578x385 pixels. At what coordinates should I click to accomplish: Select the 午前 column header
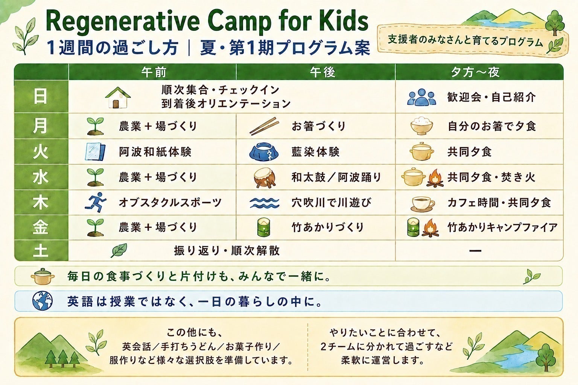[x=154, y=72]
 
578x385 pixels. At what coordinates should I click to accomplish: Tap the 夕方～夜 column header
[x=475, y=72]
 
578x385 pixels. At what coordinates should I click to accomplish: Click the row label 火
[x=41, y=152]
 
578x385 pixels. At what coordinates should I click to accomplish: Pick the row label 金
[x=41, y=227]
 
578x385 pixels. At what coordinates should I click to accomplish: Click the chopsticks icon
[x=264, y=126]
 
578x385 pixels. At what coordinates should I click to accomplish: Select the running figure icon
[x=96, y=202]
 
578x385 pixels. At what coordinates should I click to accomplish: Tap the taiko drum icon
[x=265, y=177]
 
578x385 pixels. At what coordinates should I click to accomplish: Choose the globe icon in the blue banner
[x=43, y=301]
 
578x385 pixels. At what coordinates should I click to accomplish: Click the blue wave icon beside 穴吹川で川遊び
[x=265, y=203]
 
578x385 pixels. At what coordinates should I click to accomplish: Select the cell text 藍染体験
[x=315, y=152]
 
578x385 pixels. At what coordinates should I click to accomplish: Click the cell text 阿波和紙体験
[x=155, y=152]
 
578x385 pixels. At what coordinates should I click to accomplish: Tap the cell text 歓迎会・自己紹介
[x=491, y=97]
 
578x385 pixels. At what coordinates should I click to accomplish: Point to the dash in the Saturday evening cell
[x=475, y=250]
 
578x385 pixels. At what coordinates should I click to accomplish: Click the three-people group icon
[x=421, y=97]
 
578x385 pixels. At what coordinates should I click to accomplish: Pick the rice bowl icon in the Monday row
[x=421, y=126]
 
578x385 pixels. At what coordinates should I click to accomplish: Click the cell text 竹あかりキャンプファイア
[x=502, y=227]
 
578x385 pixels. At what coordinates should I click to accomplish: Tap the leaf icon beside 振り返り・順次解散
[x=119, y=250]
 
